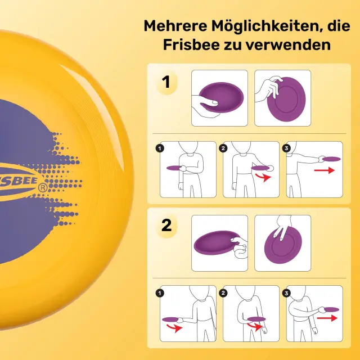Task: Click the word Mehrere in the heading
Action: pyautogui.click(x=175, y=26)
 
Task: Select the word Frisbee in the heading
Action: pyautogui.click(x=191, y=44)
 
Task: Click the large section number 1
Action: pyautogui.click(x=166, y=82)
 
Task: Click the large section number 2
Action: pyautogui.click(x=166, y=225)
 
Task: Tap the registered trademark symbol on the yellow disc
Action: pyautogui.click(x=43, y=188)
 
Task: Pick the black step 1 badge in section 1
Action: pyautogui.click(x=160, y=148)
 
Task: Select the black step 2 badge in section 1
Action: pyautogui.click(x=223, y=148)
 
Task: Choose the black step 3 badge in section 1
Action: pyautogui.click(x=286, y=148)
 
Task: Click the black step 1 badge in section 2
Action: pyautogui.click(x=160, y=293)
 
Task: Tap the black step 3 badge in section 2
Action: pyautogui.click(x=286, y=293)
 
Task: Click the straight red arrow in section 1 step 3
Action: pyautogui.click(x=325, y=170)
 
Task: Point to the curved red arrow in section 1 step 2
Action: pyautogui.click(x=263, y=177)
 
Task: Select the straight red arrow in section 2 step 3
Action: pyautogui.click(x=327, y=318)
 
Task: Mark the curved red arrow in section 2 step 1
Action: pyautogui.click(x=174, y=327)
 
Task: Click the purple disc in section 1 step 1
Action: pyautogui.click(x=174, y=168)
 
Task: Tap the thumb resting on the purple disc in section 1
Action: pyautogui.click(x=210, y=102)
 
